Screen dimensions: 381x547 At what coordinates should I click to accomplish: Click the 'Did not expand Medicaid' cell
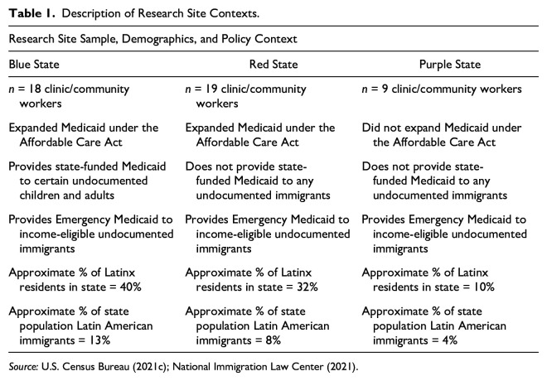click(x=443, y=135)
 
